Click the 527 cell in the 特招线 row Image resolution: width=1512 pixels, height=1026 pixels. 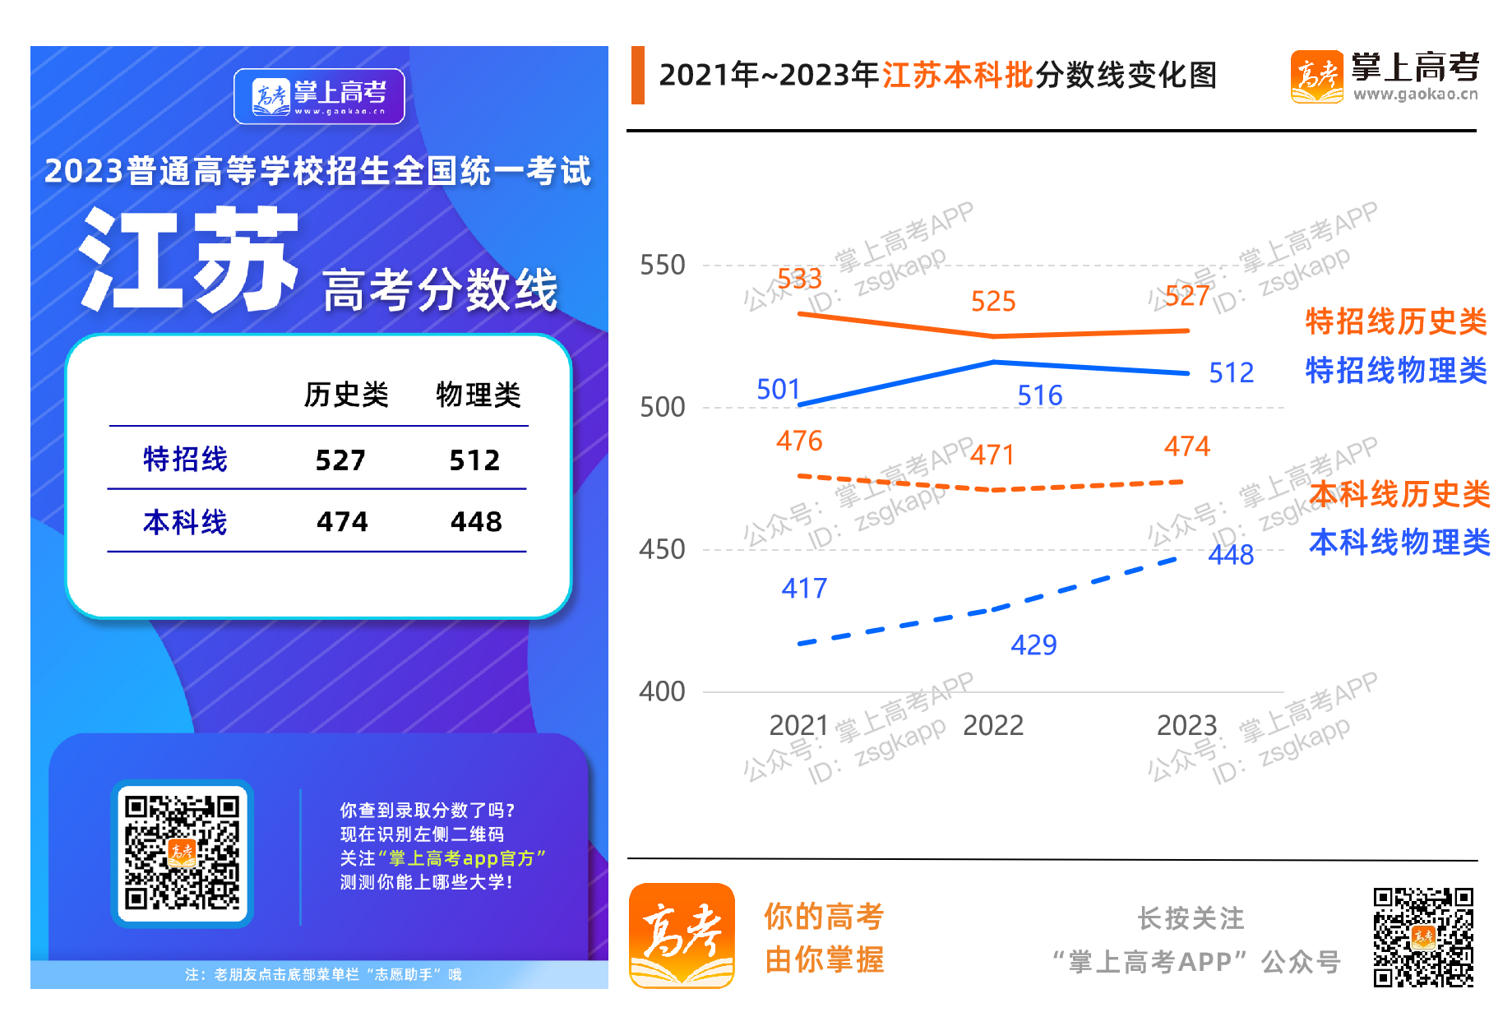[340, 460]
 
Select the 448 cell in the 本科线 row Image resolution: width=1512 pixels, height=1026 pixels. [476, 522]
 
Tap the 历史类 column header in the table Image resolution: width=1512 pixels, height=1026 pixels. [346, 395]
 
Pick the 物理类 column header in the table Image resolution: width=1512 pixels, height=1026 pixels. [479, 395]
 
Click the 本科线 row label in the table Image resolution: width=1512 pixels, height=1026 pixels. [185, 522]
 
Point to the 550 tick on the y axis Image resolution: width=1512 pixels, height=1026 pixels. [662, 266]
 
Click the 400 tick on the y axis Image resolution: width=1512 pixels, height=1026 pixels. [662, 691]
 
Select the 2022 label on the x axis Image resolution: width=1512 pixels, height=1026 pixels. [993, 725]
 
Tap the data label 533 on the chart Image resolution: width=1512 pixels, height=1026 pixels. [799, 279]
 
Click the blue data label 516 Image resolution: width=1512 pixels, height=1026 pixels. [1040, 396]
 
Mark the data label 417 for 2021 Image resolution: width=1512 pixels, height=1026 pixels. [804, 589]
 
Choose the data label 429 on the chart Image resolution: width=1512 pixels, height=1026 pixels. [1033, 645]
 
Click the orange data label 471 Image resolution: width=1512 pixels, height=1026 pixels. [992, 455]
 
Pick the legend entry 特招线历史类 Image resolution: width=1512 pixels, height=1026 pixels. [1396, 321]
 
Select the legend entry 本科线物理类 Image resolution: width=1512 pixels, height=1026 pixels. [1399, 543]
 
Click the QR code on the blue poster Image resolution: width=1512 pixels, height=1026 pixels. [182, 853]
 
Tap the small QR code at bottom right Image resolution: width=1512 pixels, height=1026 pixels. [1423, 936]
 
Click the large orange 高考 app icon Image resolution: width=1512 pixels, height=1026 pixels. [682, 936]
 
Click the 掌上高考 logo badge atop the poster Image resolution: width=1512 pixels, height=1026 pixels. [319, 96]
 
